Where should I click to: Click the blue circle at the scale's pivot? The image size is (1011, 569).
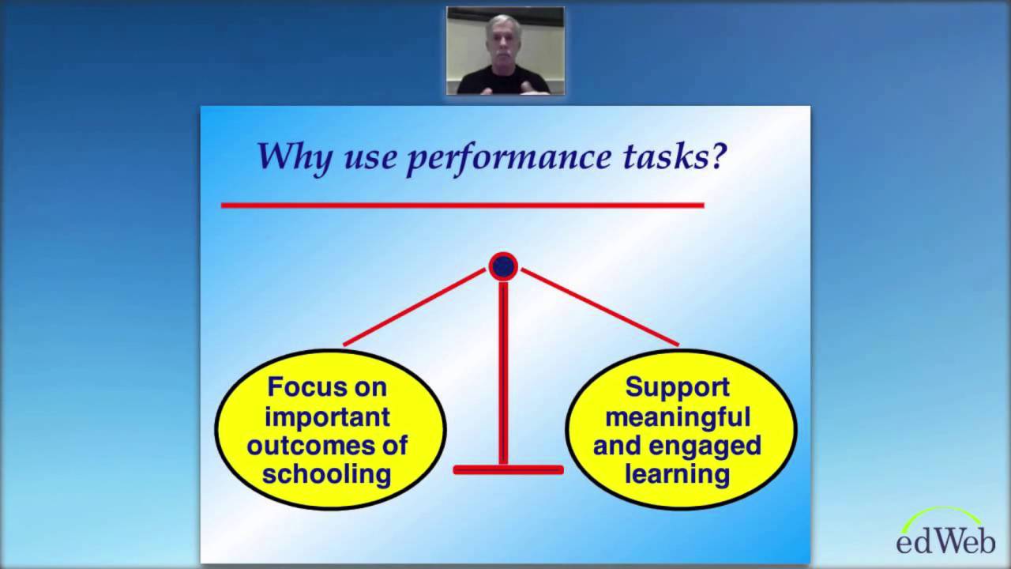pyautogui.click(x=503, y=267)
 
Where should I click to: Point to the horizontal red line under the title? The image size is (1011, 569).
pyautogui.click(x=462, y=205)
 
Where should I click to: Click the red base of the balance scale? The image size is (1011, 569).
pyautogui.click(x=508, y=470)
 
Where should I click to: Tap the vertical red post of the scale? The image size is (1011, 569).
pyautogui.click(x=503, y=371)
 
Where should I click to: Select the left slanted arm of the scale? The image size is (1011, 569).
pyautogui.click(x=415, y=307)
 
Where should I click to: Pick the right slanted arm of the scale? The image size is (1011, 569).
pyautogui.click(x=599, y=307)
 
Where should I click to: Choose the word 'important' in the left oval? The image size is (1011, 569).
pyautogui.click(x=328, y=416)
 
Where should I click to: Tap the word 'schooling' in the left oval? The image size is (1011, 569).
pyautogui.click(x=327, y=473)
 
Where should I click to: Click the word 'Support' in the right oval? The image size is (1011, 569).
pyautogui.click(x=678, y=387)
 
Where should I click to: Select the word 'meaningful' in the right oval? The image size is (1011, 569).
pyautogui.click(x=678, y=416)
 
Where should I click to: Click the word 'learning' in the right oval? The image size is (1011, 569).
pyautogui.click(x=678, y=473)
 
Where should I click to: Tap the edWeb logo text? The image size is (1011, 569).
pyautogui.click(x=945, y=541)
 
